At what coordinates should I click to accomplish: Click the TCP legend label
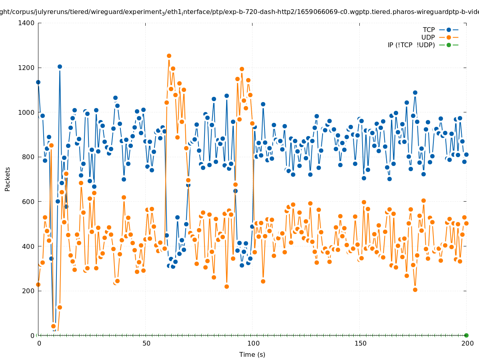[429, 30]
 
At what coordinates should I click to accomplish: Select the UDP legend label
[428, 37]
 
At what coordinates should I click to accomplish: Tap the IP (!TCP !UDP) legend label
[411, 45]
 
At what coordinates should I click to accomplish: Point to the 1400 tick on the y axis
[27, 23]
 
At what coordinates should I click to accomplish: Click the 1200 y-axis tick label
[27, 68]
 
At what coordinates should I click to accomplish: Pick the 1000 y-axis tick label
[27, 112]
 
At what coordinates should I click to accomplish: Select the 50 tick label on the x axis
[146, 343]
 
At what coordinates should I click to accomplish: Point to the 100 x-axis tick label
[253, 343]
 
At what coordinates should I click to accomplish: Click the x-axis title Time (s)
[252, 354]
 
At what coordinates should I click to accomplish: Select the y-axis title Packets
[8, 179]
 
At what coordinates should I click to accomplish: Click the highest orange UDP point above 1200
[169, 56]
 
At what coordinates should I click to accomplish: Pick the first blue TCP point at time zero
[38, 82]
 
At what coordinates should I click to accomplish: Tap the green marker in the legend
[449, 45]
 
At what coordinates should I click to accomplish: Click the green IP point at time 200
[466, 335]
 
